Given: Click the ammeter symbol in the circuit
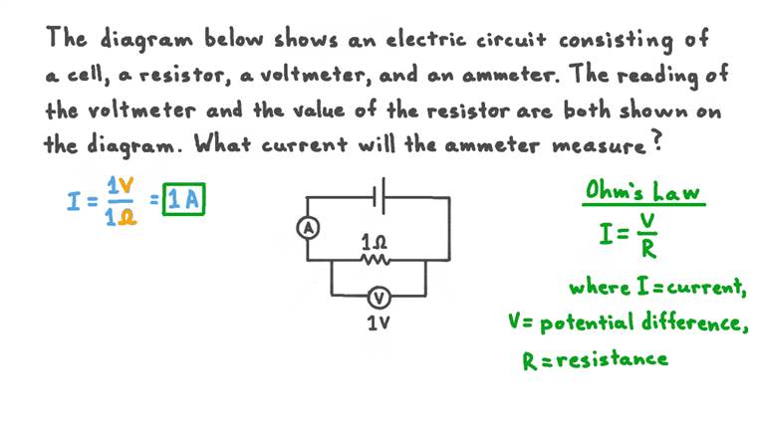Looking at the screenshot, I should (x=308, y=228).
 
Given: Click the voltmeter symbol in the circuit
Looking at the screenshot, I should (x=378, y=296).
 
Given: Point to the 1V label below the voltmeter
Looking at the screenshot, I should (x=378, y=323).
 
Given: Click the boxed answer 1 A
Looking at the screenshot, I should (x=184, y=201).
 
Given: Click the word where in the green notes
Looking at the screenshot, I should (x=597, y=288).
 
